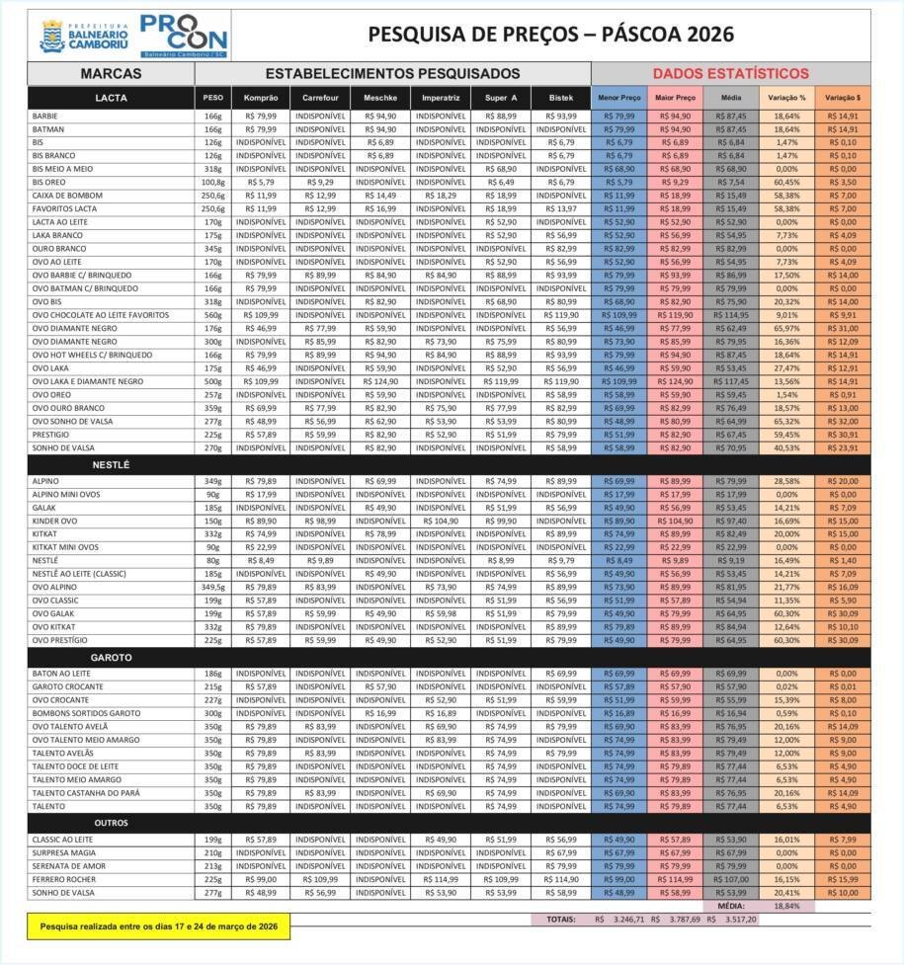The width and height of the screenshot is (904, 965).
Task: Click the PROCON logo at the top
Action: click(184, 36)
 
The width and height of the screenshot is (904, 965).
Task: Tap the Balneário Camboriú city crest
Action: click(51, 36)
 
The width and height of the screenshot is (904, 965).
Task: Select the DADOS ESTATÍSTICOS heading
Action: click(730, 73)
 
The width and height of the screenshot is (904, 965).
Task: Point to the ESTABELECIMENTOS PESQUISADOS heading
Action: click(392, 73)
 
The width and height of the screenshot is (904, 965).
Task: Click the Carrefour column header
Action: click(320, 98)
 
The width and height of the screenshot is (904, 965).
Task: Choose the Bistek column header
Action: click(560, 98)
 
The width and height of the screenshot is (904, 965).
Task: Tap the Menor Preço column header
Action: click(619, 98)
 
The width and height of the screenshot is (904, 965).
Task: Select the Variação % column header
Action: click(787, 98)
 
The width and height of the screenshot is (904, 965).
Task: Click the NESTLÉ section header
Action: click(112, 463)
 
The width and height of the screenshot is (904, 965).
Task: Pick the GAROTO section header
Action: click(112, 657)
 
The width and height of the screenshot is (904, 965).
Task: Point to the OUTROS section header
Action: click(112, 823)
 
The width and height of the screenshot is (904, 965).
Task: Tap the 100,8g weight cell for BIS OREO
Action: click(213, 182)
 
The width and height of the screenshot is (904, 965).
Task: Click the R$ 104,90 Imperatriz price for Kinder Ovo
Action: click(440, 520)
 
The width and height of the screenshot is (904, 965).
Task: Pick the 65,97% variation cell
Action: click(787, 328)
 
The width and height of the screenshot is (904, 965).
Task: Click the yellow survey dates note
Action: click(158, 926)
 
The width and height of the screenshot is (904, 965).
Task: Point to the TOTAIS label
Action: click(560, 920)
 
